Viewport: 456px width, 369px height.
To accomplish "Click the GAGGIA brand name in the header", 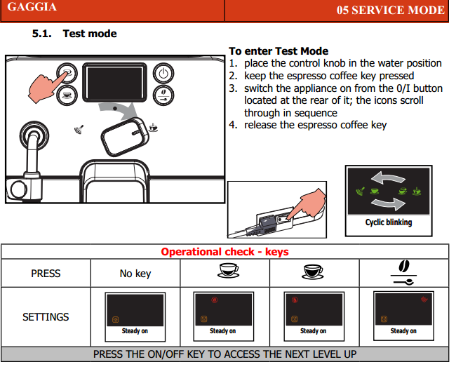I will click(32, 8).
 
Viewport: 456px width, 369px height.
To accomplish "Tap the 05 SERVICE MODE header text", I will click(390, 10).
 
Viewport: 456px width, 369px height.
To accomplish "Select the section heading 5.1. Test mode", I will click(74, 34).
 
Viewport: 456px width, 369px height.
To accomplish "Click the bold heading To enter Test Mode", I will click(279, 51).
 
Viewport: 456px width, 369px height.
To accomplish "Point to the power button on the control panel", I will click(163, 72).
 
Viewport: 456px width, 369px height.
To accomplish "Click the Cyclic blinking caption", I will click(388, 222).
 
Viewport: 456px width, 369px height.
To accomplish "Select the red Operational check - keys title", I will click(224, 252).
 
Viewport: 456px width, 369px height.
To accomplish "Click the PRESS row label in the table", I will click(46, 274).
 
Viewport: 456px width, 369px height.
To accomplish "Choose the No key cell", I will click(135, 274).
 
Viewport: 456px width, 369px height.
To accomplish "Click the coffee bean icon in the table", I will click(404, 268).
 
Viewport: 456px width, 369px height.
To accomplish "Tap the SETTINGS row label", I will click(46, 317).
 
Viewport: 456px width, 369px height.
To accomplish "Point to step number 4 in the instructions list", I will click(233, 125).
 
